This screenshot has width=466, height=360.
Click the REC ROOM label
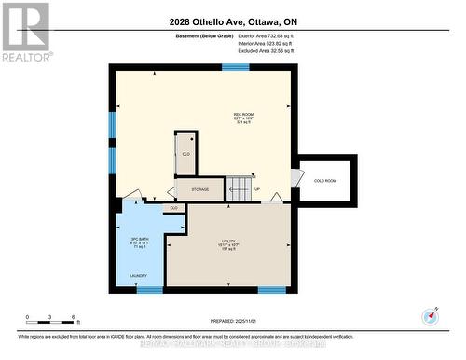click(x=243, y=115)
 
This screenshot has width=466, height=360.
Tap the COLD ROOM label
click(x=324, y=180)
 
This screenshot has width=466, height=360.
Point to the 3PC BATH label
click(x=139, y=241)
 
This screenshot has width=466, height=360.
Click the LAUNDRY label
click(x=138, y=275)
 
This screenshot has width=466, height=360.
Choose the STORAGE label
click(x=199, y=189)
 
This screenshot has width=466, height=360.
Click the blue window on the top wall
click(x=235, y=67)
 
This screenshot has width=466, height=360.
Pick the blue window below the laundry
click(x=149, y=290)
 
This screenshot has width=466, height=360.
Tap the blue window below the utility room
click(x=271, y=290)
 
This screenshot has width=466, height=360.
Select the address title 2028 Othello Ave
click(x=234, y=21)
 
